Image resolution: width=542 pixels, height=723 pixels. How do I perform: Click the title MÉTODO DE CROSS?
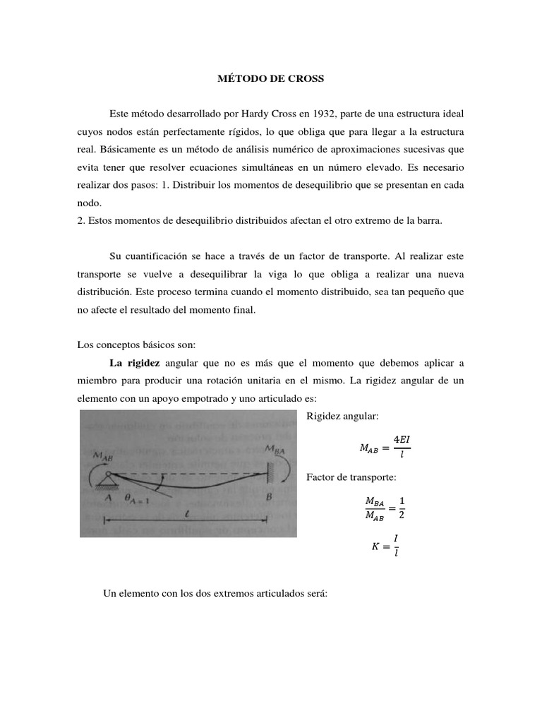270,79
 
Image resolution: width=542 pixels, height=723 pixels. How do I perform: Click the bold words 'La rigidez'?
134,363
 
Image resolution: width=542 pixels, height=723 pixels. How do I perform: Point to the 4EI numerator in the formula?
401,438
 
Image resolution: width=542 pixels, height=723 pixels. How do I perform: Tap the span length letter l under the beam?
184,515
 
